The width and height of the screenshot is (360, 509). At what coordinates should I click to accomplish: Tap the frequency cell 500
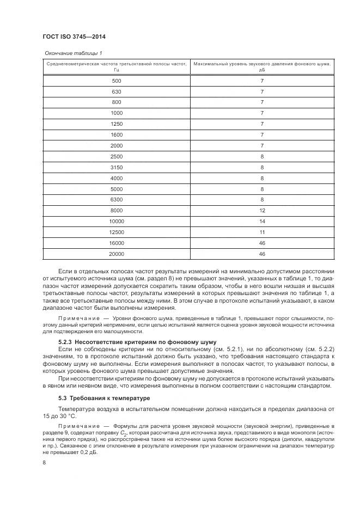(x=117, y=81)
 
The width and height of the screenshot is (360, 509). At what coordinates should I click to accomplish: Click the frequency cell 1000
(x=117, y=113)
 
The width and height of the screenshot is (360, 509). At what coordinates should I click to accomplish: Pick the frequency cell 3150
(x=117, y=167)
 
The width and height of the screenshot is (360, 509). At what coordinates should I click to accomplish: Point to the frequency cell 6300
(x=117, y=199)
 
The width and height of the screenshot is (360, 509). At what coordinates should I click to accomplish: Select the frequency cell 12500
(x=117, y=232)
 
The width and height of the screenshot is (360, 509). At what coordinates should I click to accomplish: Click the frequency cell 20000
(x=117, y=254)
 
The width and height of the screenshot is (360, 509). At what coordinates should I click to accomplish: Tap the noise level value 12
(x=262, y=210)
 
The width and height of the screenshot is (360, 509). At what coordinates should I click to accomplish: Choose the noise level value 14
(x=262, y=221)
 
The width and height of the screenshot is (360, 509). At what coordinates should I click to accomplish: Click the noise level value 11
(x=262, y=232)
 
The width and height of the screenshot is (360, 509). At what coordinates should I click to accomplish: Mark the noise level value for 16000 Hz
(x=262, y=243)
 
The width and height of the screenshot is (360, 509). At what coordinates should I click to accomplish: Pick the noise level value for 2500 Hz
(x=262, y=156)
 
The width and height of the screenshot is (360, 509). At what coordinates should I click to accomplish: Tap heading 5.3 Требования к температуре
(x=100, y=398)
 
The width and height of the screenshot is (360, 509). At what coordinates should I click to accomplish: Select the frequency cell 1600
(x=117, y=134)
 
